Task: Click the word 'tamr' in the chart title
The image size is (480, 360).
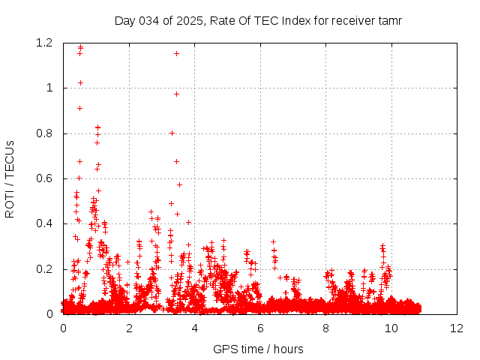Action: [x=390, y=20]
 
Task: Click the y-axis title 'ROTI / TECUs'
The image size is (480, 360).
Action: [x=10, y=179]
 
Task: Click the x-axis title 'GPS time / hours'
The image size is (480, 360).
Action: [x=258, y=349]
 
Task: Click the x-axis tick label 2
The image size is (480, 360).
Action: [x=129, y=328]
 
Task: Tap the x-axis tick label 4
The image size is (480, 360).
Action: [x=194, y=328]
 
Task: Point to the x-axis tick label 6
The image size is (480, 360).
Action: [x=260, y=328]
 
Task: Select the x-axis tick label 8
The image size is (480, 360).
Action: [x=325, y=328]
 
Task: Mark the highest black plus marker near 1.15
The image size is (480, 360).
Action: [x=176, y=53]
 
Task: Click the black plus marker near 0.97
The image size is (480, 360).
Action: [x=176, y=94]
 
